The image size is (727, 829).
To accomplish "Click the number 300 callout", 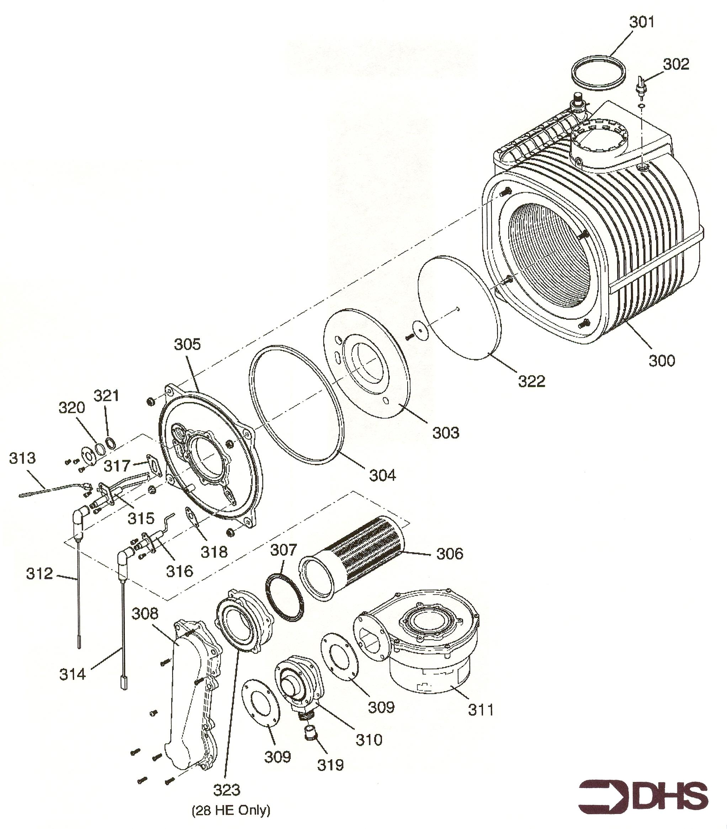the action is pyautogui.click(x=662, y=360).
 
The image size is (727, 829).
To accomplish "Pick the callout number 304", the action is pyautogui.click(x=382, y=475).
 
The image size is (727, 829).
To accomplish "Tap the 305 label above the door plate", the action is pyautogui.click(x=187, y=344).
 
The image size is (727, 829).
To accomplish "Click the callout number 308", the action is pyautogui.click(x=145, y=614).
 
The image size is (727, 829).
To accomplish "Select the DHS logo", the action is pyautogui.click(x=643, y=795).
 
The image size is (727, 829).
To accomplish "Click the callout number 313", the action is pyautogui.click(x=22, y=458).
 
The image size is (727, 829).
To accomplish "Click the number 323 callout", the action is pyautogui.click(x=227, y=790).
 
